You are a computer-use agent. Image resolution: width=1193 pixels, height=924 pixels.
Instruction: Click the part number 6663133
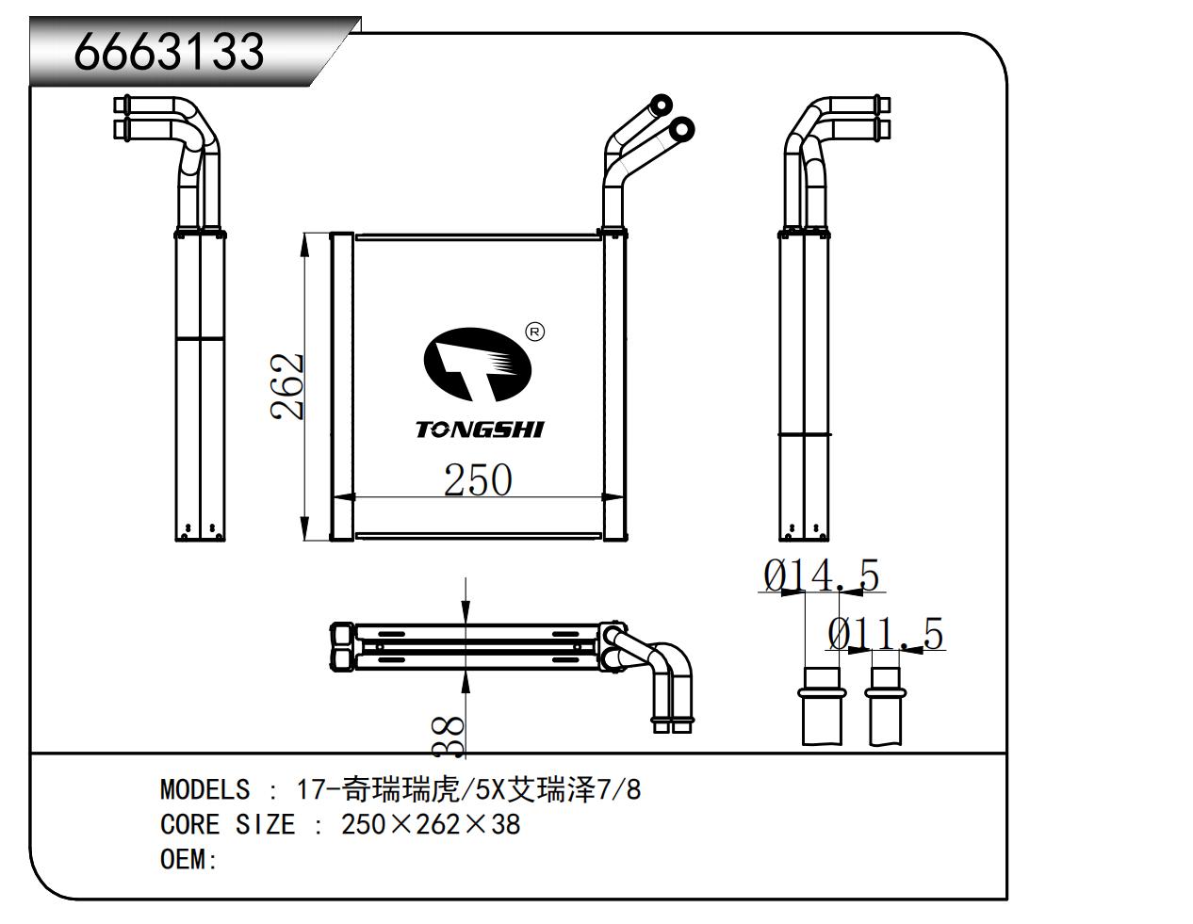pos(170,51)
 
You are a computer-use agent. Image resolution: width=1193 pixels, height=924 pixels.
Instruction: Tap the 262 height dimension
pos(287,386)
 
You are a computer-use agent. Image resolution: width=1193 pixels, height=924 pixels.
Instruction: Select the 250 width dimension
pos(478,480)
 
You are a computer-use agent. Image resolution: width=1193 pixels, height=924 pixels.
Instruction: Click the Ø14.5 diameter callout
pos(821,575)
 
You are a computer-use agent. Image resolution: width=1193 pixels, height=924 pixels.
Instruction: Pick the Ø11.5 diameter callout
pos(885,635)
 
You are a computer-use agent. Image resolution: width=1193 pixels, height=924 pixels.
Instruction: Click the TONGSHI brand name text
pos(480,430)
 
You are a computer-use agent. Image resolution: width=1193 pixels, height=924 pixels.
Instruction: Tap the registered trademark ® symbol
pos(533,332)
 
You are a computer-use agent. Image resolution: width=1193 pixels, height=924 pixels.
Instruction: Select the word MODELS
pos(205,789)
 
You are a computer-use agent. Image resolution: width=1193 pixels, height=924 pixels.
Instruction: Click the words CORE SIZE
pos(227,825)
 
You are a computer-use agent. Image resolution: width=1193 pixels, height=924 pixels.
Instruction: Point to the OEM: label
pos(189,860)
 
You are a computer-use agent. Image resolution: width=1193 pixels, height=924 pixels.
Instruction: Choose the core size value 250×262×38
pos(431,825)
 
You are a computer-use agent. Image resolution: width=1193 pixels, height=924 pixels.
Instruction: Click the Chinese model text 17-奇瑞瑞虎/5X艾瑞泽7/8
pos(468,789)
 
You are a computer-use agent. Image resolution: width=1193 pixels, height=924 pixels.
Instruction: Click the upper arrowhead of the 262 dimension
pos(304,244)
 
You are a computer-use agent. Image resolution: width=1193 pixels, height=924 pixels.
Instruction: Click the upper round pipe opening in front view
pos(662,105)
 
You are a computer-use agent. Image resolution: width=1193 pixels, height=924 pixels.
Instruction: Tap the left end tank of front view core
pos(341,386)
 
